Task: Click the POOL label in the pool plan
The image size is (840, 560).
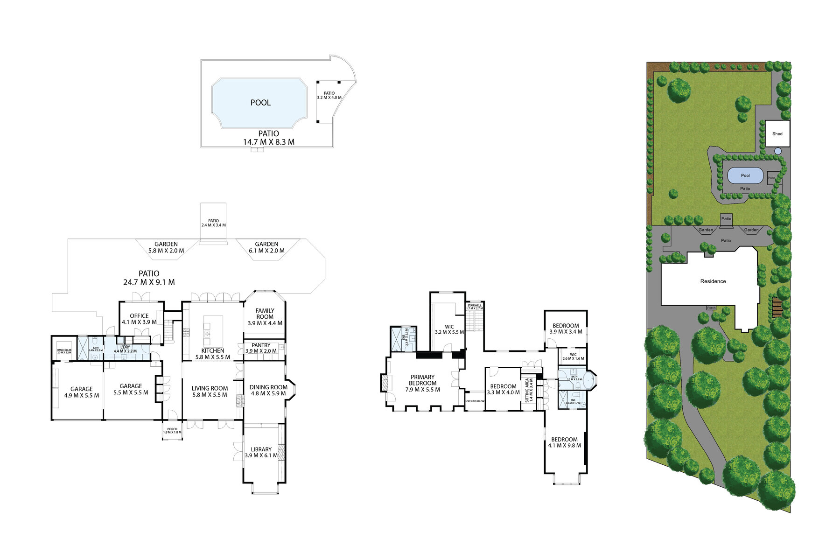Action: click(x=260, y=103)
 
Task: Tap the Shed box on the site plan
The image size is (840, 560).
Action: click(x=777, y=133)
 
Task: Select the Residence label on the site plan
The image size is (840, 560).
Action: click(x=713, y=281)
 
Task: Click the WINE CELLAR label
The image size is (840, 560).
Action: click(x=64, y=351)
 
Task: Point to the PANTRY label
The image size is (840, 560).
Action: click(x=261, y=345)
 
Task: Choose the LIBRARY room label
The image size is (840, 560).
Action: click(x=261, y=449)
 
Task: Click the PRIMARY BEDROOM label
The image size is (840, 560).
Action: click(x=422, y=380)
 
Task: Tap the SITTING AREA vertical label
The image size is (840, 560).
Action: click(x=529, y=390)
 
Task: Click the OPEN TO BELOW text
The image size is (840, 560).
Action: click(x=475, y=401)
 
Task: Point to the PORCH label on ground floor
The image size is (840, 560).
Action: click(x=172, y=431)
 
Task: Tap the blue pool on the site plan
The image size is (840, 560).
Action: click(x=745, y=175)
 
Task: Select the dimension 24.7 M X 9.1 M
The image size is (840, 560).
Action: click(x=149, y=282)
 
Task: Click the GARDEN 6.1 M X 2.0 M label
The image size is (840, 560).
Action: click(x=266, y=247)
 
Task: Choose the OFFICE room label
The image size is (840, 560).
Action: click(x=139, y=316)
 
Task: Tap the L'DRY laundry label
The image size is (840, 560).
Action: click(x=125, y=347)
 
